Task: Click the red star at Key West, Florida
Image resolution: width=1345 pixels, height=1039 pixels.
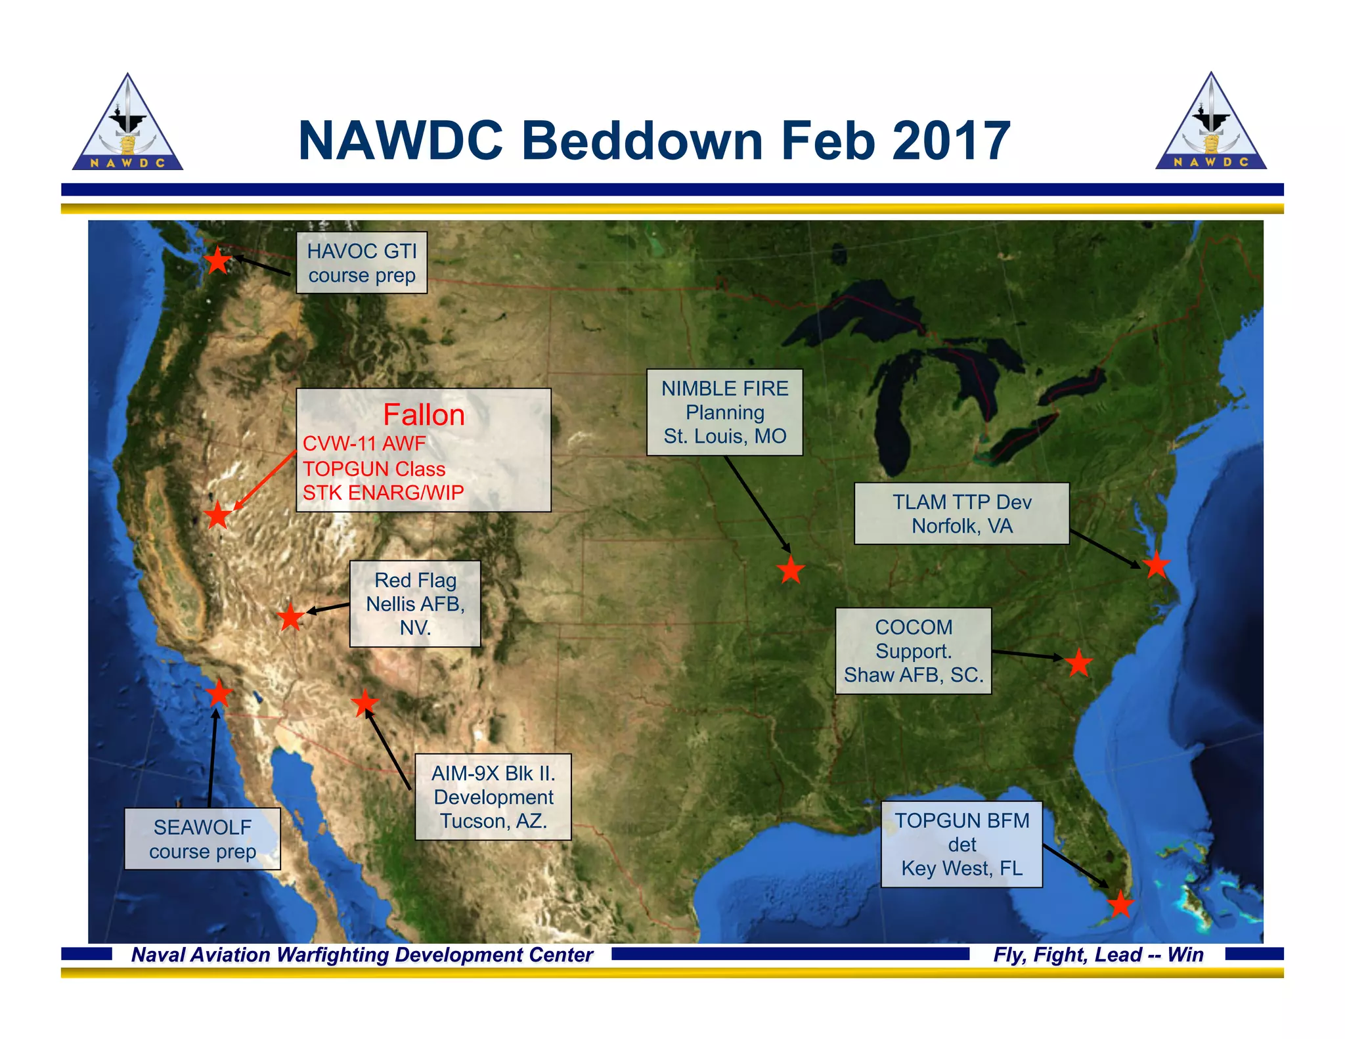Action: (x=1120, y=904)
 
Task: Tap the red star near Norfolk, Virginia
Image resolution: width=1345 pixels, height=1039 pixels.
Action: (x=1156, y=565)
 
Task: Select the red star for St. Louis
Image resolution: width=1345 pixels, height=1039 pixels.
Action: (x=791, y=570)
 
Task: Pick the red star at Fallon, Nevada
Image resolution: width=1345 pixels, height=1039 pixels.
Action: (x=217, y=515)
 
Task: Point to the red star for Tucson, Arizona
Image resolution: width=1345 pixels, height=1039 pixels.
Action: (x=365, y=703)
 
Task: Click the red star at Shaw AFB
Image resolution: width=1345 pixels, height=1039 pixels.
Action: (x=1078, y=663)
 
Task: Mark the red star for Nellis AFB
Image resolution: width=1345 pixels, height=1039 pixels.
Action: (x=290, y=617)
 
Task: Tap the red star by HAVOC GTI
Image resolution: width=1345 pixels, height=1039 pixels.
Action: (x=218, y=261)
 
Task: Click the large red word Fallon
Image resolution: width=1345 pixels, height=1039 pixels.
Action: (x=424, y=415)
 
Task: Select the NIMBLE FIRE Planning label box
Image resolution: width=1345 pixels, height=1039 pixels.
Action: (x=724, y=412)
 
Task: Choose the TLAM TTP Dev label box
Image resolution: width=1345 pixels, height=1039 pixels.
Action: (x=961, y=514)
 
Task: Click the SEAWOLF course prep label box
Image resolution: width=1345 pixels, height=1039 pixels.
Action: (x=202, y=839)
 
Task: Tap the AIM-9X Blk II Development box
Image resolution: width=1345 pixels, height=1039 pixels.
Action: (x=493, y=797)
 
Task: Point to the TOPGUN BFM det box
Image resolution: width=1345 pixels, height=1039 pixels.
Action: (x=961, y=844)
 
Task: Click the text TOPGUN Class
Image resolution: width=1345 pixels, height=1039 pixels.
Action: (x=374, y=469)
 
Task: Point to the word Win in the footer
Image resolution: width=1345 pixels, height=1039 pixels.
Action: (x=1185, y=954)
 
